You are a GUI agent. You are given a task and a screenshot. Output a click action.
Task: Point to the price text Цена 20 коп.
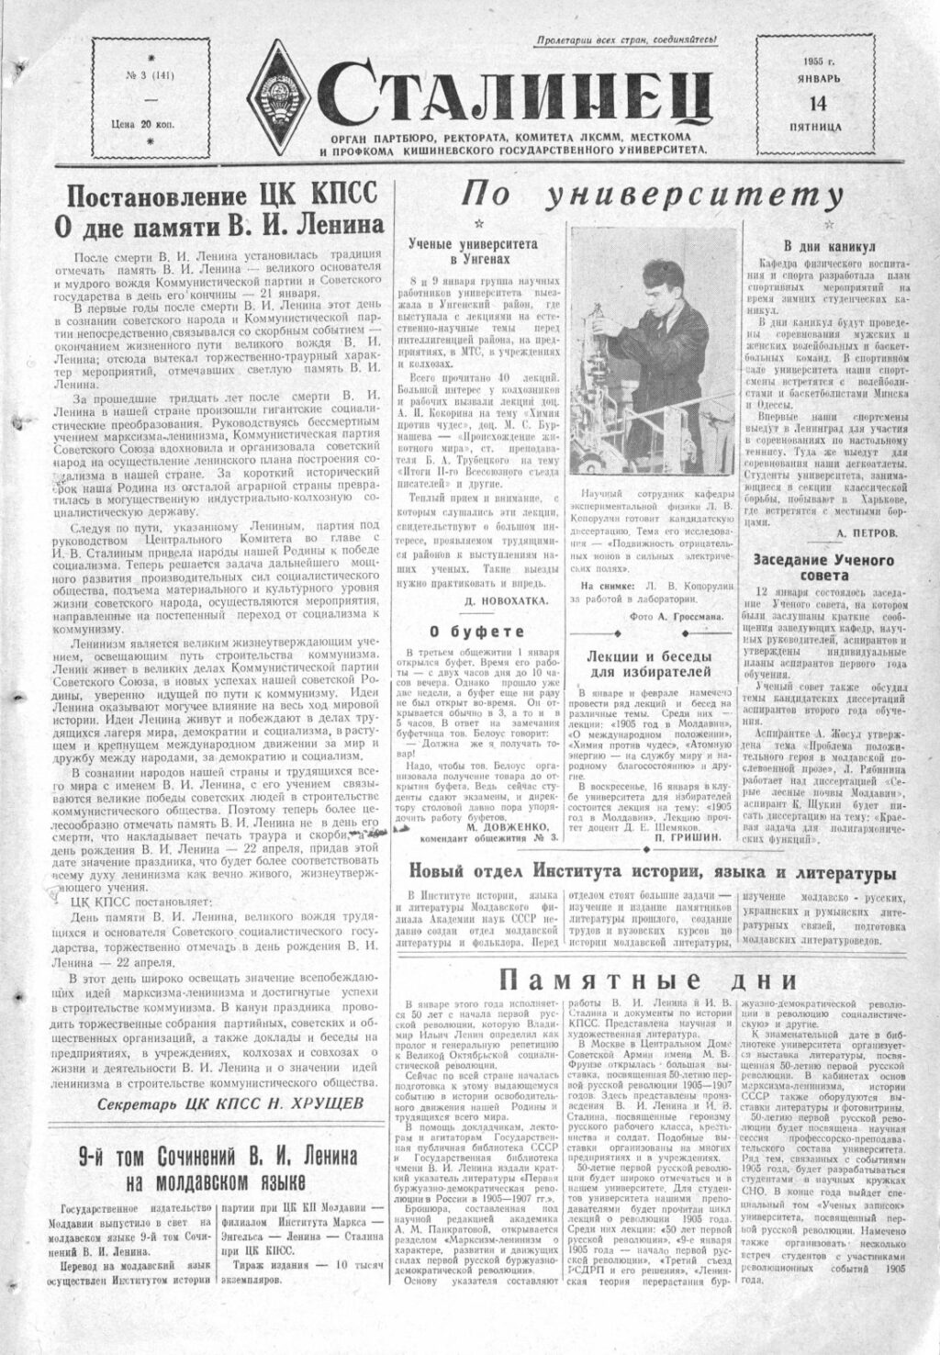pos(151,124)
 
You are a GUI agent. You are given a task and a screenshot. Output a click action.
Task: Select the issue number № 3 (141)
pos(151,76)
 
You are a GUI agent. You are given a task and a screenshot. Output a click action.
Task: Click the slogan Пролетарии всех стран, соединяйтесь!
pos(626,39)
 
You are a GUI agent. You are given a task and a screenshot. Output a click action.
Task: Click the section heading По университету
pos(651,195)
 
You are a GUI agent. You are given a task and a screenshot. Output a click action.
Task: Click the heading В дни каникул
pos(829,246)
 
